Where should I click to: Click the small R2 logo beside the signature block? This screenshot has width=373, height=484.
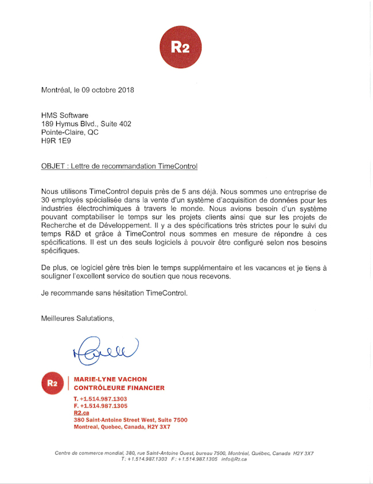tap(53, 382)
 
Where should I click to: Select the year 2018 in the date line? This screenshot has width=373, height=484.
tap(125, 90)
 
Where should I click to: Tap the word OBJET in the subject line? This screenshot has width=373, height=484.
tap(53, 166)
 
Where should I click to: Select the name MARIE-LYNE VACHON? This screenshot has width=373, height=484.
tap(111, 379)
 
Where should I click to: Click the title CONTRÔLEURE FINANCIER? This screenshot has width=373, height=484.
tap(119, 388)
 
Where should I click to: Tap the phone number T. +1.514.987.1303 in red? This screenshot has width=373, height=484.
tap(100, 399)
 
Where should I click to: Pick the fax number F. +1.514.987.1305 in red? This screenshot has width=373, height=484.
tap(100, 405)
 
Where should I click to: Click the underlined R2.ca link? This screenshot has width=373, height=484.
tap(81, 412)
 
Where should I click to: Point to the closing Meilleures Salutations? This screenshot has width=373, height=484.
tap(77, 318)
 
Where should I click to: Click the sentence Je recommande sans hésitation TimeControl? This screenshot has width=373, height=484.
tap(114, 293)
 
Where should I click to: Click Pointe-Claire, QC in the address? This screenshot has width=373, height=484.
tap(70, 131)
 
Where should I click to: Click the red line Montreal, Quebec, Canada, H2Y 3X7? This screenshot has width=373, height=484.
tap(122, 427)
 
